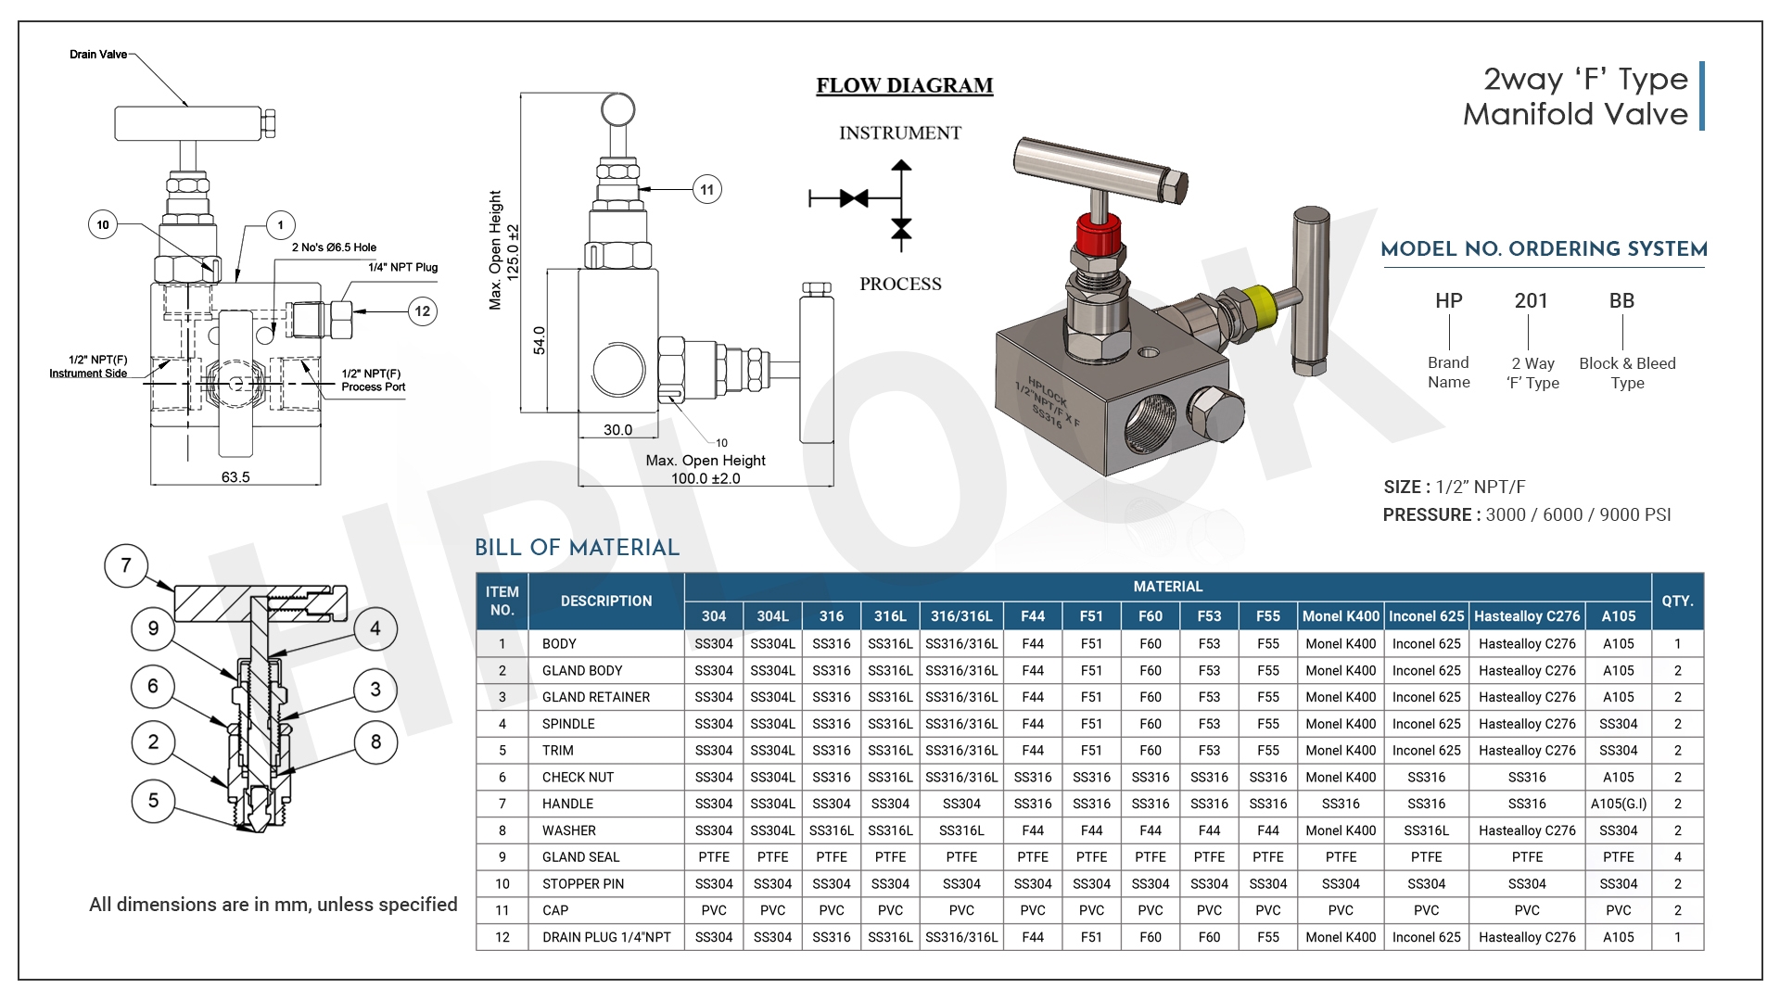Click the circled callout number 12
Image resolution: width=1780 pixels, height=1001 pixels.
pyautogui.click(x=423, y=311)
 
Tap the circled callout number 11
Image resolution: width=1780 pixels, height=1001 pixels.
pyautogui.click(x=707, y=190)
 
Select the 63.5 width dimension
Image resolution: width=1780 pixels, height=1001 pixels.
pyautogui.click(x=235, y=477)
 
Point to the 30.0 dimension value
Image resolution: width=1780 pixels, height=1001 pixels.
pyautogui.click(x=617, y=430)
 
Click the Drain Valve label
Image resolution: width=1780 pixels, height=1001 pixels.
pyautogui.click(x=98, y=55)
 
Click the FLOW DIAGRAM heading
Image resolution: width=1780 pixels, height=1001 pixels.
pyautogui.click(x=904, y=85)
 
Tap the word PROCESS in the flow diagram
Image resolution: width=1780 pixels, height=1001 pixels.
pyautogui.click(x=900, y=285)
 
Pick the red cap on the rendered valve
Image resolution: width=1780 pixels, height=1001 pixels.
pyautogui.click(x=1099, y=235)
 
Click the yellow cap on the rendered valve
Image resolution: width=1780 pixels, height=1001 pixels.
pyautogui.click(x=1258, y=301)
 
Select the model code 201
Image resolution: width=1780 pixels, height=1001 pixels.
pyautogui.click(x=1531, y=301)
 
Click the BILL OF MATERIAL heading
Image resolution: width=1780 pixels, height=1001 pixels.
pyautogui.click(x=577, y=548)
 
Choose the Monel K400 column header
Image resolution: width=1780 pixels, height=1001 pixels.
pyautogui.click(x=1341, y=616)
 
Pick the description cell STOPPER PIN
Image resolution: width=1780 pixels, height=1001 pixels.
pyautogui.click(x=583, y=884)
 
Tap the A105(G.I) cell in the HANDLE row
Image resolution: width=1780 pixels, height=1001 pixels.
pyautogui.click(x=1618, y=805)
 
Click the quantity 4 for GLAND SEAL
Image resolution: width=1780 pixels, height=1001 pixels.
pyautogui.click(x=1677, y=857)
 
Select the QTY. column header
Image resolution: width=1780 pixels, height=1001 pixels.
pyautogui.click(x=1677, y=602)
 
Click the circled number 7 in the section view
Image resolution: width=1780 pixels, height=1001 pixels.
pyautogui.click(x=126, y=565)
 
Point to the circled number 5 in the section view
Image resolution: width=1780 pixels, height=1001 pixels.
pyautogui.click(x=153, y=801)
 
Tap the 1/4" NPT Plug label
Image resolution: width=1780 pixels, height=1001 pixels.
pyautogui.click(x=402, y=267)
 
